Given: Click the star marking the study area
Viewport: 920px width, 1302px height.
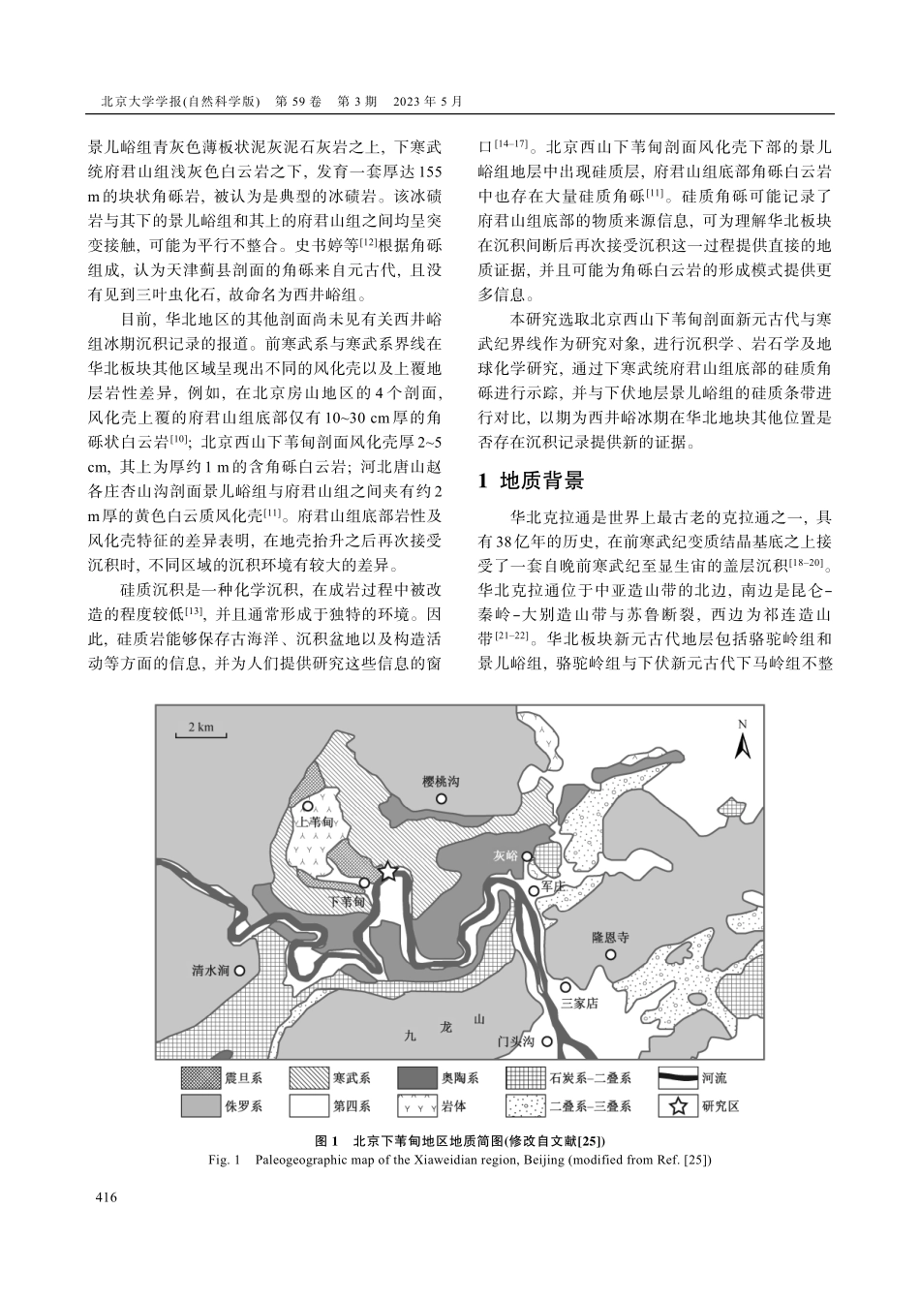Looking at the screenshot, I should click(387, 872).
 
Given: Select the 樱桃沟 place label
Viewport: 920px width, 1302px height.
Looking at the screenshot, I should click(442, 781).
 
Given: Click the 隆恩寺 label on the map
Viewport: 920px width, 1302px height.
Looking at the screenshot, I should click(610, 938).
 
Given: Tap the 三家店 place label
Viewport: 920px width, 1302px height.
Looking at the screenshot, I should click(580, 1004).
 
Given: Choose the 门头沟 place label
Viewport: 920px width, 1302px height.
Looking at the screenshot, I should click(515, 1042).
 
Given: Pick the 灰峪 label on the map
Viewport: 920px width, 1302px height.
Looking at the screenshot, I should click(506, 856).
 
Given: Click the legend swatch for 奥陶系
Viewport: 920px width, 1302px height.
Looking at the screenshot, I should click(414, 1077).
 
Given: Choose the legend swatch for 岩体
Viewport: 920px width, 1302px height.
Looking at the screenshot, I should click(414, 1105).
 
